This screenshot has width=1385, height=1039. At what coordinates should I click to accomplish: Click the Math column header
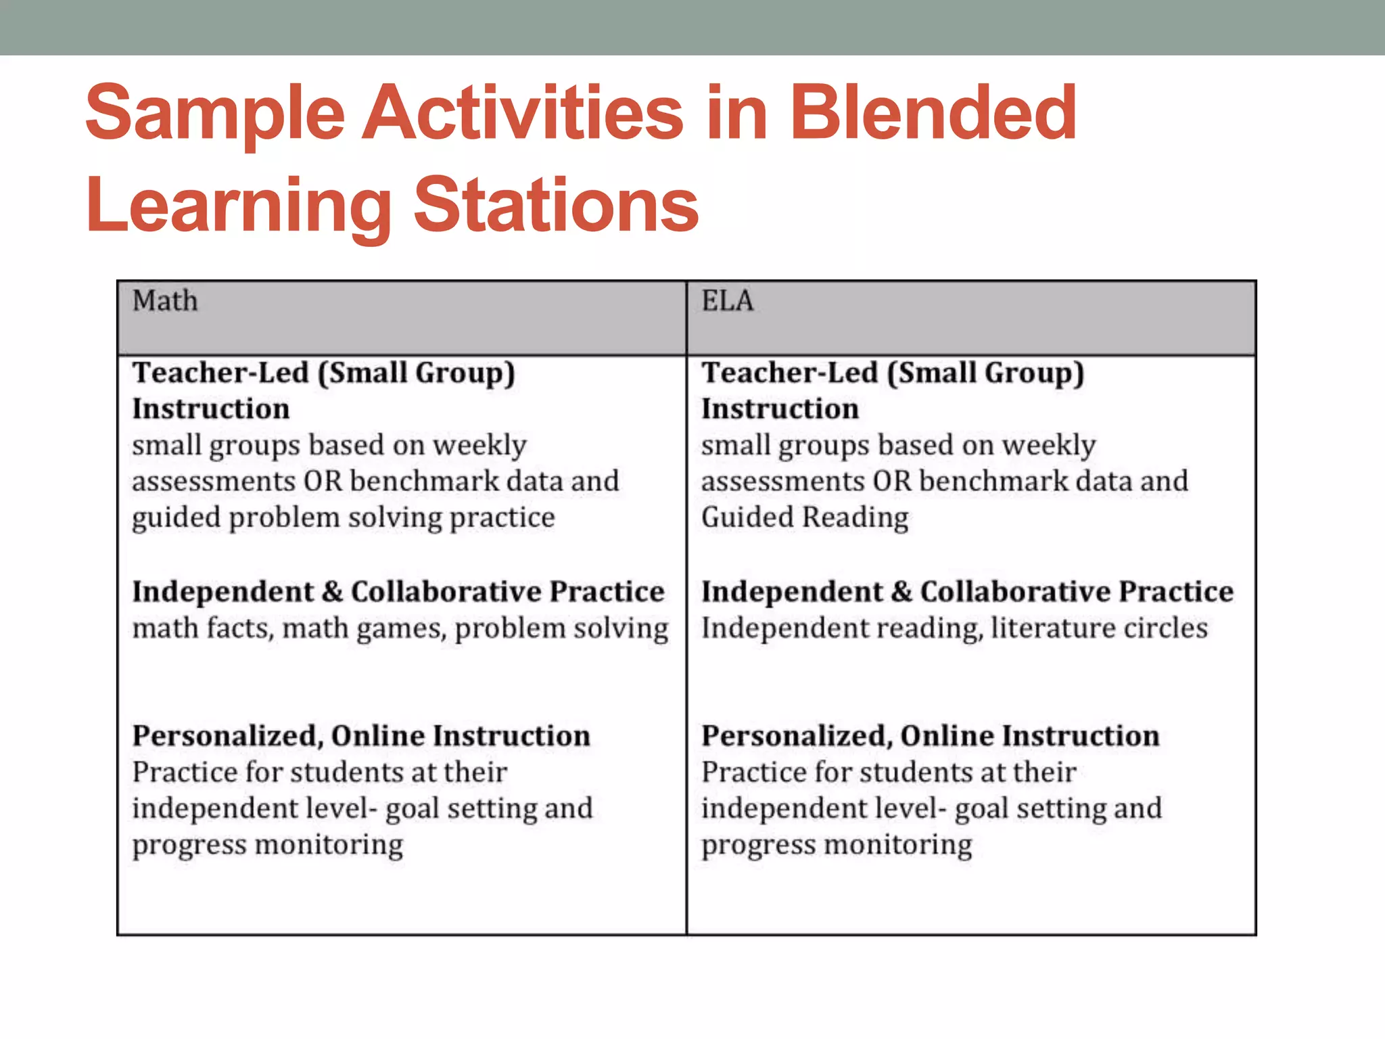click(x=165, y=301)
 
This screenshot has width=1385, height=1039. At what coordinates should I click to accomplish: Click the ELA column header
click(x=727, y=301)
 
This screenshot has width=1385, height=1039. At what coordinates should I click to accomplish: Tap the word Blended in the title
click(x=933, y=113)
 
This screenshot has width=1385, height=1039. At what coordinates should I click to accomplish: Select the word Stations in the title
click(x=556, y=205)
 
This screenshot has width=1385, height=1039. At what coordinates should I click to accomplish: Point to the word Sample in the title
click(x=215, y=113)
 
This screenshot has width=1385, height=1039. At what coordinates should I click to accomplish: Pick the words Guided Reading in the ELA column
click(x=805, y=518)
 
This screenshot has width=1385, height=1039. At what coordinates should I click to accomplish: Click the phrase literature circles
click(x=1099, y=628)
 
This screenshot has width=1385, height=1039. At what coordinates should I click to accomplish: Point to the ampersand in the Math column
click(x=332, y=592)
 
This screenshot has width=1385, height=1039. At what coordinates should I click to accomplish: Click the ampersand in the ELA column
click(x=901, y=592)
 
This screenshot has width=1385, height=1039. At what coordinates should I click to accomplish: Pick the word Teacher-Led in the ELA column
click(x=789, y=373)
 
